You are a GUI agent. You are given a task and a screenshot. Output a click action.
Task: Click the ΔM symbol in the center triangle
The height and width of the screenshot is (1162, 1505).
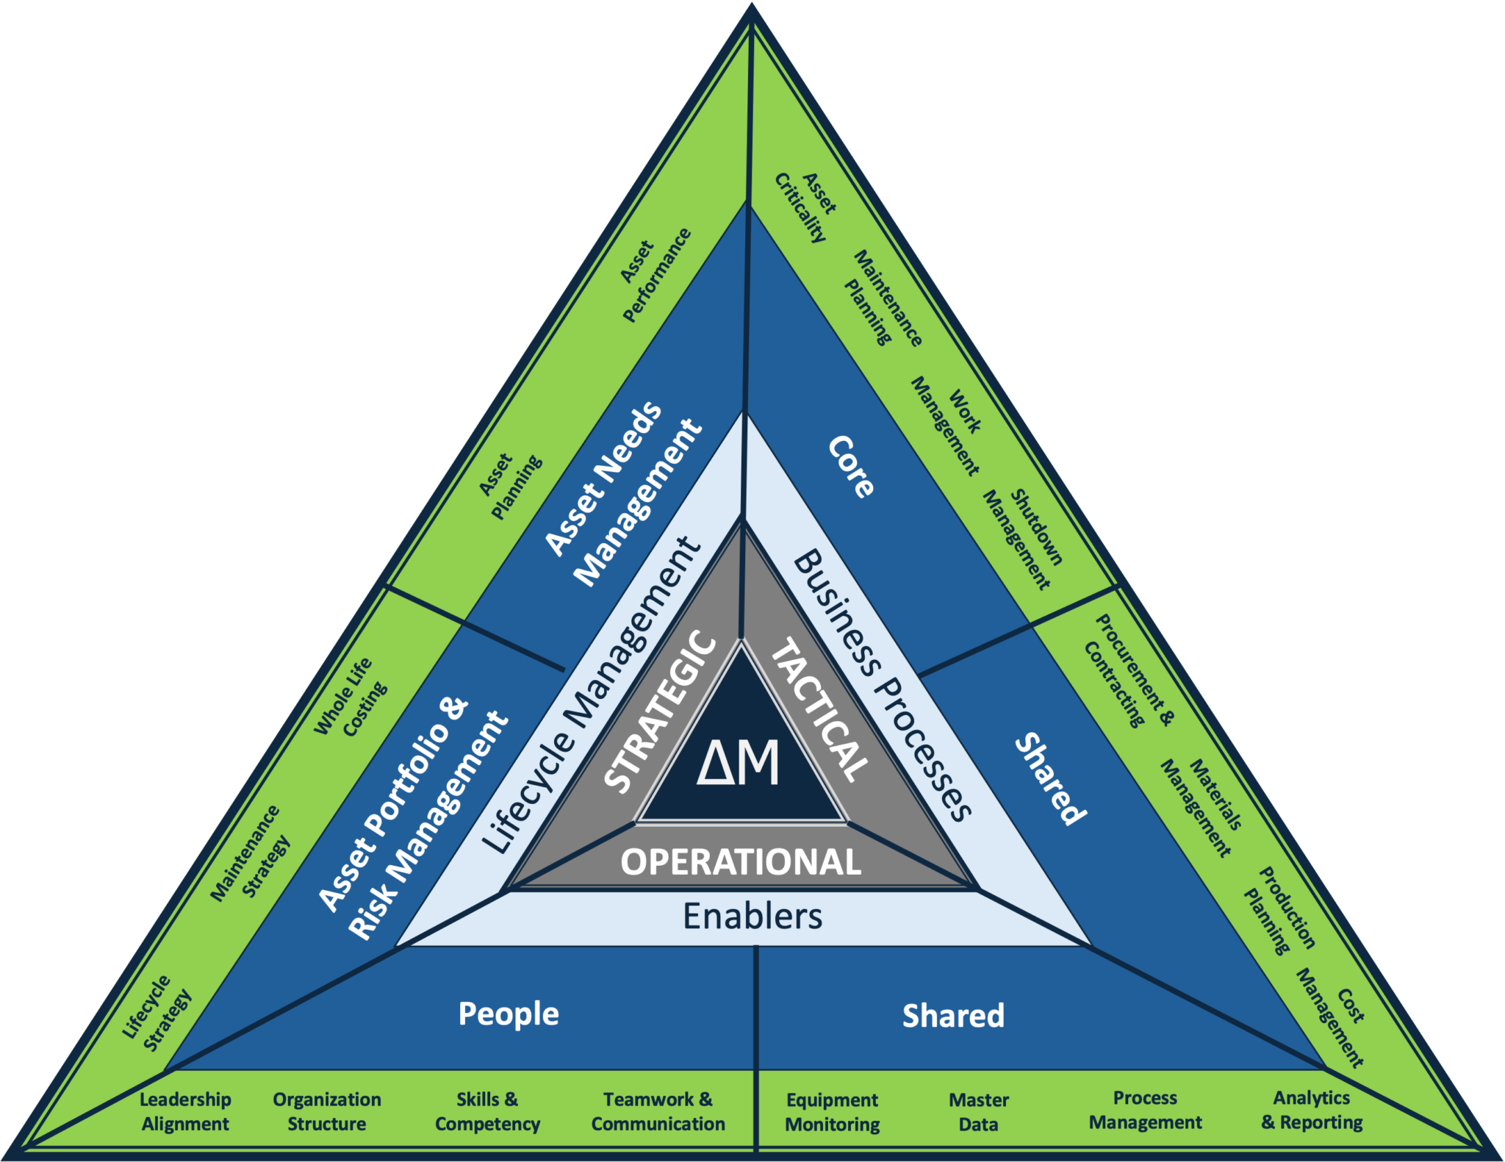tap(739, 764)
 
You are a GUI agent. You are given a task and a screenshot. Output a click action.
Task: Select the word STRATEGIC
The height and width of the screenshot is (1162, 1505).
tap(660, 711)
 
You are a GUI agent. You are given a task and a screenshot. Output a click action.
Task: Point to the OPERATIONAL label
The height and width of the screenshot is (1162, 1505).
tap(741, 862)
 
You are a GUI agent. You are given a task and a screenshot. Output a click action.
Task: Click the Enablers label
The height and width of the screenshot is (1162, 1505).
tap(752, 917)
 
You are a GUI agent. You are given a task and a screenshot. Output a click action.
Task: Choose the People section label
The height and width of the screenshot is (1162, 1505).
tap(509, 1014)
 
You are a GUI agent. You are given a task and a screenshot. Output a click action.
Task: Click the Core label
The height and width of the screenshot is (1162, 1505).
tap(852, 467)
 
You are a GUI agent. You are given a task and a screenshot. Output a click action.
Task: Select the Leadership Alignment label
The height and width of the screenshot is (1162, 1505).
tap(185, 1111)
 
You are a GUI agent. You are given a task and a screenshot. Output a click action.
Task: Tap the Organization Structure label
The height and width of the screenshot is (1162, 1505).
tap(327, 1111)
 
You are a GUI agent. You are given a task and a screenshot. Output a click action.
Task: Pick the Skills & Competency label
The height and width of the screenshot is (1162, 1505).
tap(487, 1111)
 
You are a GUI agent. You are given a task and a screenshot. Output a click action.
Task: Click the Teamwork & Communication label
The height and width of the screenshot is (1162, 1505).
tap(658, 1111)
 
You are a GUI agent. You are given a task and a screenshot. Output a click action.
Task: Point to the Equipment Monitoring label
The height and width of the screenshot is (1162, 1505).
tap(832, 1112)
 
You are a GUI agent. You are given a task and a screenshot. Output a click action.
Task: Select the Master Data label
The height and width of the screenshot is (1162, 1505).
tap(978, 1112)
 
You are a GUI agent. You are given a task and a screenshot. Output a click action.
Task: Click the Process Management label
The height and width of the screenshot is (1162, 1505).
tap(1145, 1111)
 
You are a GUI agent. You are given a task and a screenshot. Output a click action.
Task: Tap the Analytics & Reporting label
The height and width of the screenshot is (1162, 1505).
tap(1312, 1111)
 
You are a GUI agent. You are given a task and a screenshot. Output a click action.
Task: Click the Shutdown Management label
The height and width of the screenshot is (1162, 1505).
tap(1023, 539)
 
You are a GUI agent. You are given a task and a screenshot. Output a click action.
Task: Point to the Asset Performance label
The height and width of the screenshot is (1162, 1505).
tap(655, 274)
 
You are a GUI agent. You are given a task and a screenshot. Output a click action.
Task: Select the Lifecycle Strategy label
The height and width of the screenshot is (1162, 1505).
tap(157, 1014)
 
